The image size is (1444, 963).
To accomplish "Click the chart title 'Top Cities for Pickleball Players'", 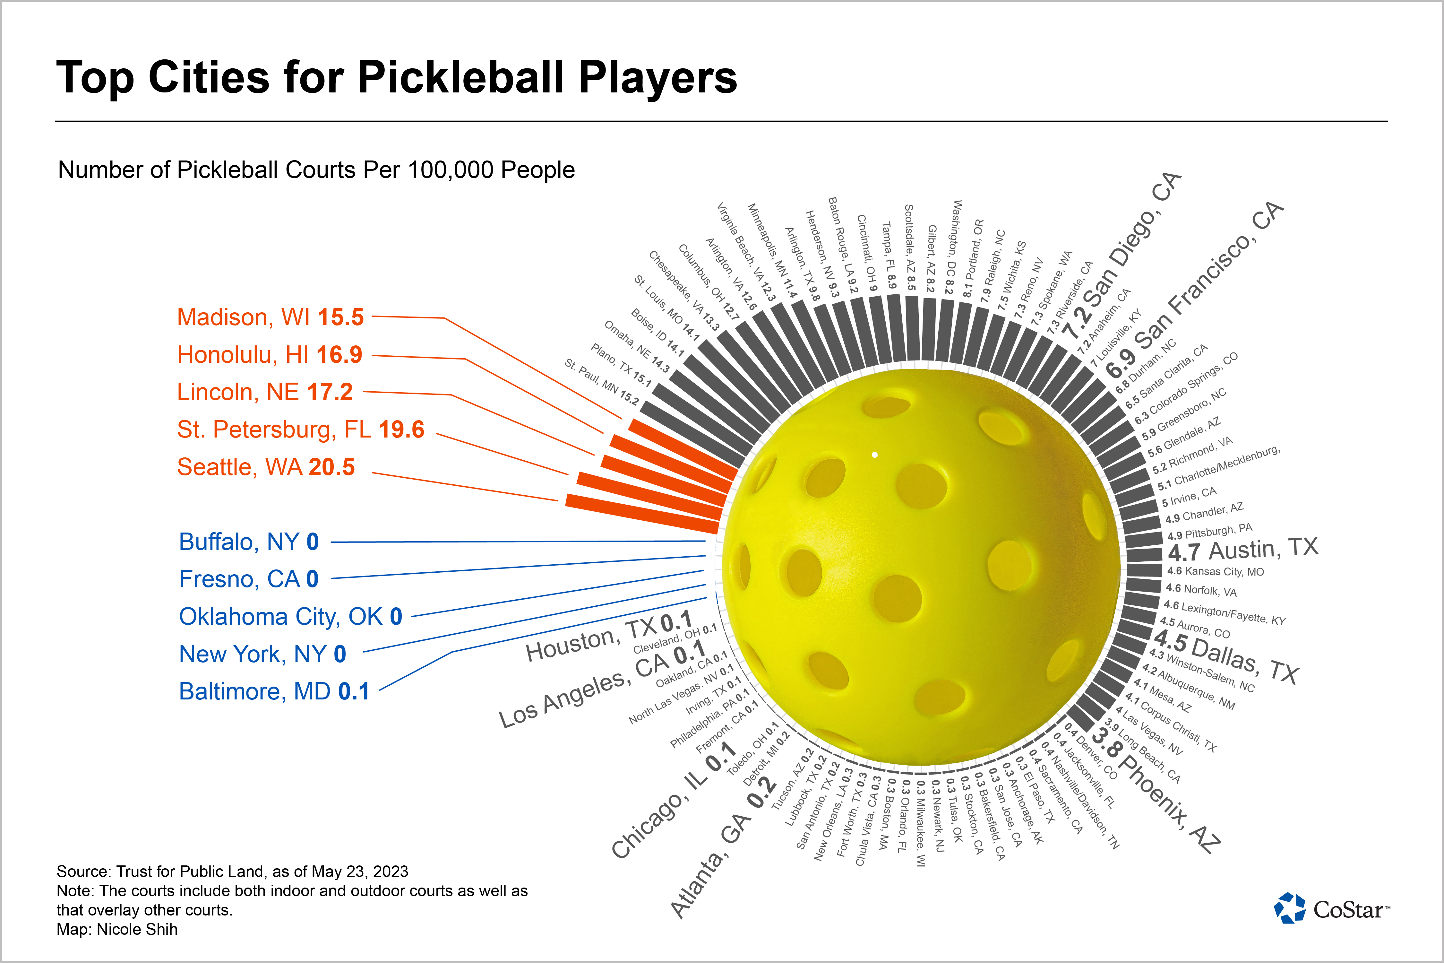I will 397,78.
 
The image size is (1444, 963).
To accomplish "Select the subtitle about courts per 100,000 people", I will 316,170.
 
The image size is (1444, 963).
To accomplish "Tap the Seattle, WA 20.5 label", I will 266,467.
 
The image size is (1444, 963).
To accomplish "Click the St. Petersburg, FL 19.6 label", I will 300,430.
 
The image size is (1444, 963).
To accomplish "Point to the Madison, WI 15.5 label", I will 270,317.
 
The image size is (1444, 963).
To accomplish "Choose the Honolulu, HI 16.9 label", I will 270,355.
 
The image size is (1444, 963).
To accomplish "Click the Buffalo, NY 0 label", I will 249,542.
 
